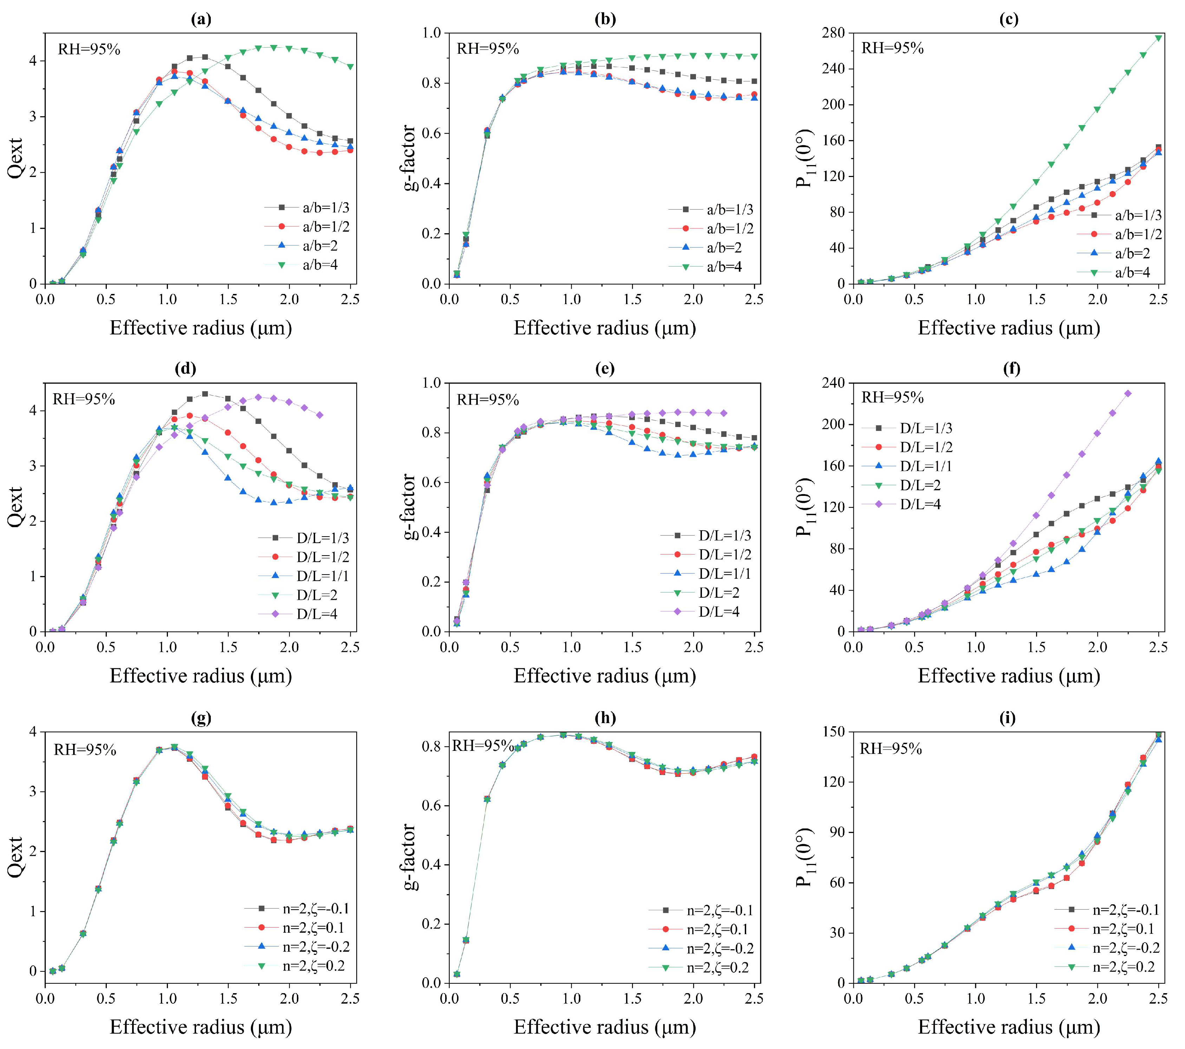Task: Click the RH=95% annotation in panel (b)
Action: click(x=488, y=49)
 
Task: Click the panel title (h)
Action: click(x=605, y=718)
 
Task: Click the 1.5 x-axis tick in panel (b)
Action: click(x=632, y=299)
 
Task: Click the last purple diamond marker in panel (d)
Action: click(x=319, y=415)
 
